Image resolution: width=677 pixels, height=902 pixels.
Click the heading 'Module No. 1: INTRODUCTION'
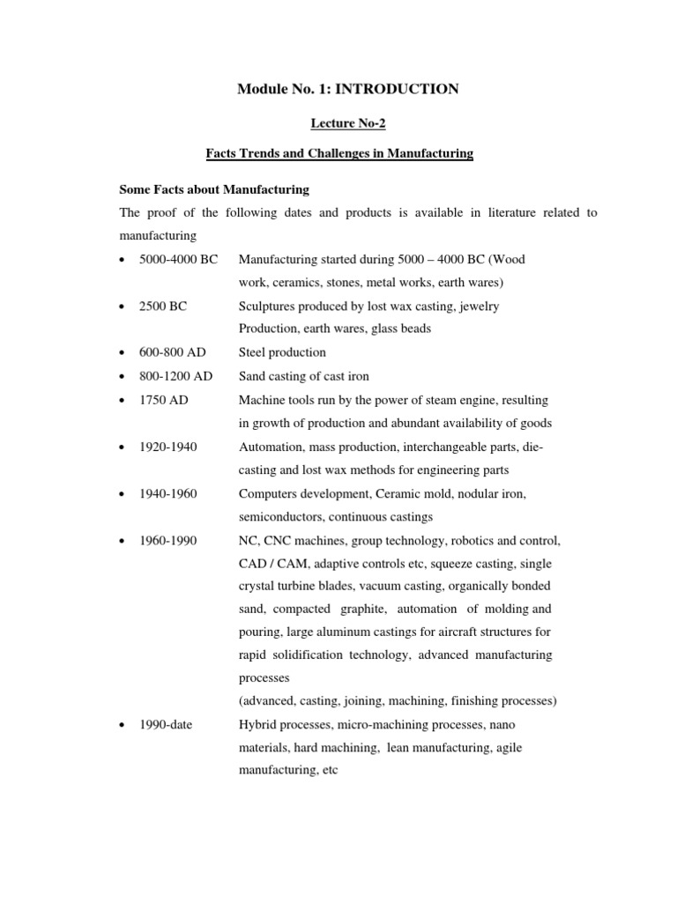[347, 88]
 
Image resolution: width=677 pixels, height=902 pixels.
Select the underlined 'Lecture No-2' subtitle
[347, 123]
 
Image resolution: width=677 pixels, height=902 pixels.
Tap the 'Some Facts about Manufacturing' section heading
[213, 189]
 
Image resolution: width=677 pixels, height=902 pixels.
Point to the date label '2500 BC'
[163, 306]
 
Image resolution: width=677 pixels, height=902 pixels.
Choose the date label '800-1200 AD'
[176, 376]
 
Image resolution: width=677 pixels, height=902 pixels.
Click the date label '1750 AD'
[164, 400]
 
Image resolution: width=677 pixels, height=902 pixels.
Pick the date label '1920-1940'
[168, 447]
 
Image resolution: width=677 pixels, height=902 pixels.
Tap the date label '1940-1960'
[168, 493]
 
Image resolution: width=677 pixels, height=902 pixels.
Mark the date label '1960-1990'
[168, 540]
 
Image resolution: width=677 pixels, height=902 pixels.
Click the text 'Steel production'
[282, 352]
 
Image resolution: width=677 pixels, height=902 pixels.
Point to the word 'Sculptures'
[267, 306]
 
